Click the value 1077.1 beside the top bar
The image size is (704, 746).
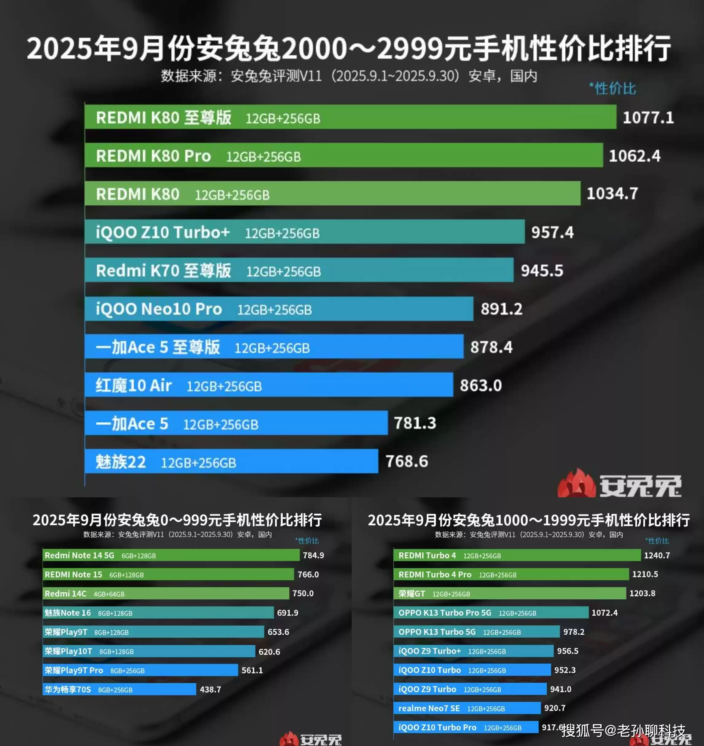click(x=648, y=117)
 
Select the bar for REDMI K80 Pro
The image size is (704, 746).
click(x=343, y=155)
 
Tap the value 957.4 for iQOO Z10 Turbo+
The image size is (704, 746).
click(x=552, y=232)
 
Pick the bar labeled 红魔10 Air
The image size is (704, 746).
click(x=269, y=385)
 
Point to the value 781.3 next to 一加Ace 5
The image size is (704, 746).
click(x=415, y=423)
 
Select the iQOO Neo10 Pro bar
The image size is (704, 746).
click(x=279, y=309)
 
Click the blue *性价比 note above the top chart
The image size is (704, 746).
click(x=612, y=89)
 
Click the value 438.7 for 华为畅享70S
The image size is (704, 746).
click(x=210, y=689)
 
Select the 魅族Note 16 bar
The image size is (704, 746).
click(x=158, y=612)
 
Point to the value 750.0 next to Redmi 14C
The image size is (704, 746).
click(x=303, y=593)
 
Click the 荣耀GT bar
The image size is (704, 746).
click(x=509, y=593)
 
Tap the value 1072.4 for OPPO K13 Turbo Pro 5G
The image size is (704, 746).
click(x=604, y=612)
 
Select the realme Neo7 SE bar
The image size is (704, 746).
click(x=467, y=708)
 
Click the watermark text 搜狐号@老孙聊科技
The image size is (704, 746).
click(x=623, y=731)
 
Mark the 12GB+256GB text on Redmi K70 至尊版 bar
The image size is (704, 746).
click(x=283, y=271)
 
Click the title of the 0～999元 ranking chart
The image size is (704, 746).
click(x=177, y=520)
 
